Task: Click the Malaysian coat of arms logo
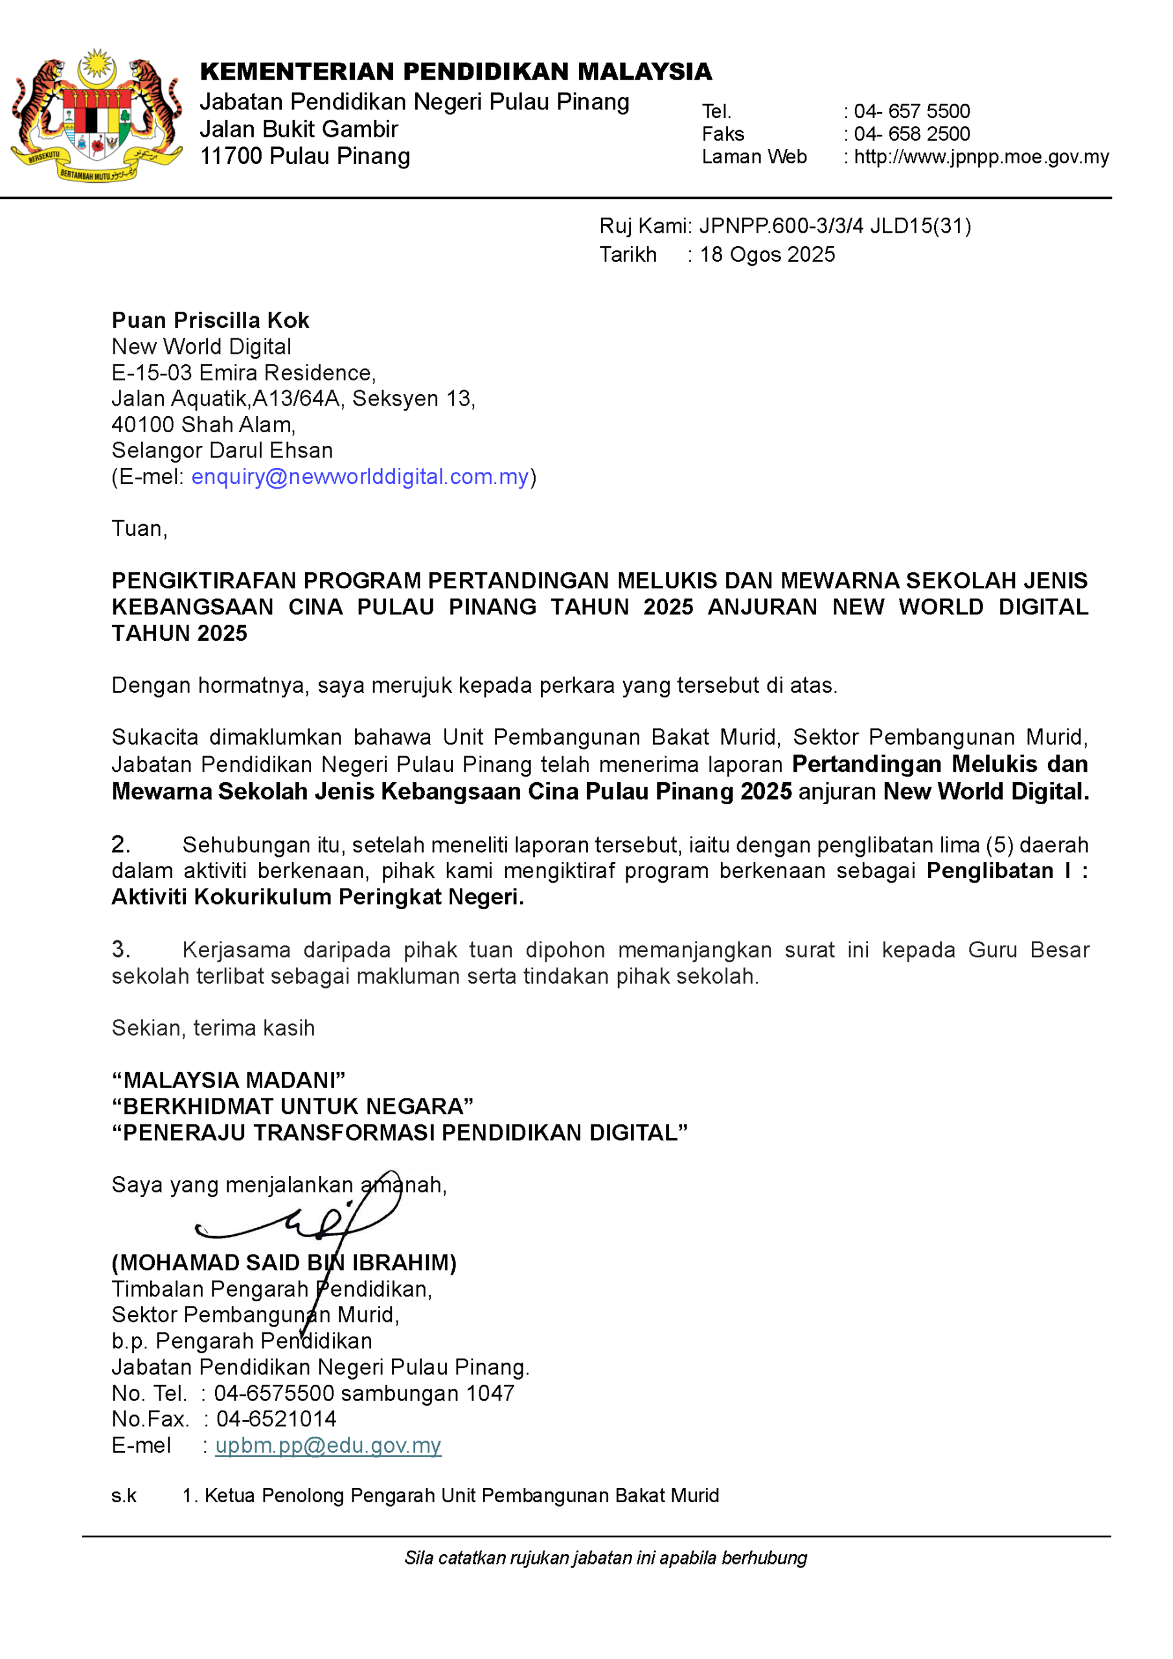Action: [x=96, y=115]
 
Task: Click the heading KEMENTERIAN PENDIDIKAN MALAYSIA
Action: [x=456, y=71]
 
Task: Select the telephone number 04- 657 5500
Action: [x=911, y=111]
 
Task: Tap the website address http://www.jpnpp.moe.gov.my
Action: [x=981, y=157]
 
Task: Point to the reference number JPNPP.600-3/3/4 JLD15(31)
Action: [x=834, y=226]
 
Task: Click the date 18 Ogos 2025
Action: [x=767, y=254]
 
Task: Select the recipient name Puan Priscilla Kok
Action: [x=211, y=320]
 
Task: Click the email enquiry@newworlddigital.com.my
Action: [x=359, y=477]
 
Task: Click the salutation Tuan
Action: [x=137, y=529]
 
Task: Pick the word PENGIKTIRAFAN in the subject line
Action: [x=203, y=580]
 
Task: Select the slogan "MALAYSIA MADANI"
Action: [x=228, y=1080]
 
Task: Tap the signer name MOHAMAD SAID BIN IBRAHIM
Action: [x=284, y=1262]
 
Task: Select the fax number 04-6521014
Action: [x=276, y=1419]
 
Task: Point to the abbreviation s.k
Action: [x=124, y=1495]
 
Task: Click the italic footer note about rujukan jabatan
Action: [x=605, y=1558]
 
